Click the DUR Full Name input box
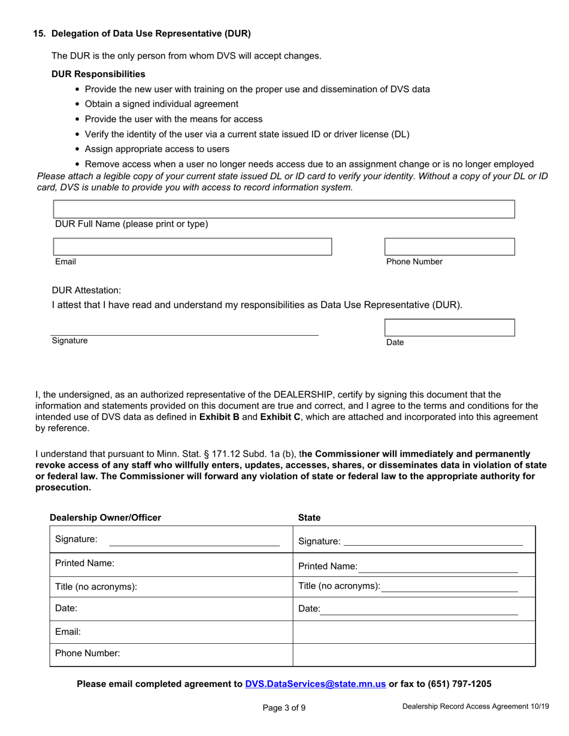[x=284, y=209]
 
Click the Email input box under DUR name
[x=192, y=247]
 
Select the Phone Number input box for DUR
[x=449, y=247]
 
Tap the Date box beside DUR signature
[x=449, y=327]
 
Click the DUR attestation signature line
[x=184, y=331]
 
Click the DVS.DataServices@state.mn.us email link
[x=315, y=684]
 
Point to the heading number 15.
[x=39, y=34]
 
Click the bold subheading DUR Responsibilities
[x=98, y=74]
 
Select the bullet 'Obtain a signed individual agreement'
[x=161, y=104]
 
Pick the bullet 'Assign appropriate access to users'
[x=157, y=149]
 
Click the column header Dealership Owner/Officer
[x=105, y=518]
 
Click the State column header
[x=309, y=518]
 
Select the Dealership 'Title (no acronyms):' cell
[x=171, y=587]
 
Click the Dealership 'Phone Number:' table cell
[x=171, y=654]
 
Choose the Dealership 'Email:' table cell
[x=171, y=632]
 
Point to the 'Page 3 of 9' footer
[x=284, y=708]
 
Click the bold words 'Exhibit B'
[x=219, y=417]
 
